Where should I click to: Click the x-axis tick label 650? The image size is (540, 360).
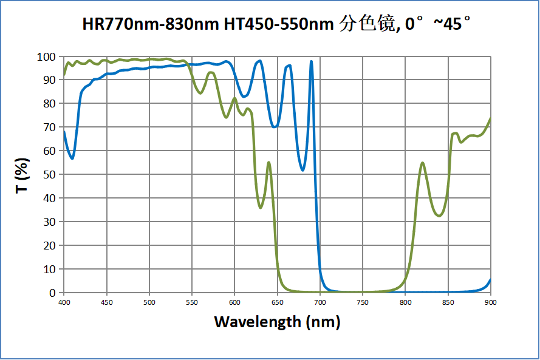[277, 302]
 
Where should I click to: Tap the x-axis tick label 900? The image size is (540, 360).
[490, 302]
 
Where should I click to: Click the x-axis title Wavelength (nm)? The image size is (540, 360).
[277, 321]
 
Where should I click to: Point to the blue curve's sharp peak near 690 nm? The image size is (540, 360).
[312, 61]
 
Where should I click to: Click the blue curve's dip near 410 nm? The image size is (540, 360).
[72, 158]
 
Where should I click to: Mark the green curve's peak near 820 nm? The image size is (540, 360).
[422, 163]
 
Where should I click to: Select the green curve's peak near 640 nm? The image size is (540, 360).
[268, 162]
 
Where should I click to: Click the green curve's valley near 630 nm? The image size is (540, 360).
[261, 208]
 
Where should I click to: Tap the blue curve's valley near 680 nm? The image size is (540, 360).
[303, 170]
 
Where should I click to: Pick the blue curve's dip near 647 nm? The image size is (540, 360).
[275, 127]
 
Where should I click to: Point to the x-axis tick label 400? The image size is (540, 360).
[64, 302]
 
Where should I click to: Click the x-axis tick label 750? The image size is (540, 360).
[363, 302]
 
